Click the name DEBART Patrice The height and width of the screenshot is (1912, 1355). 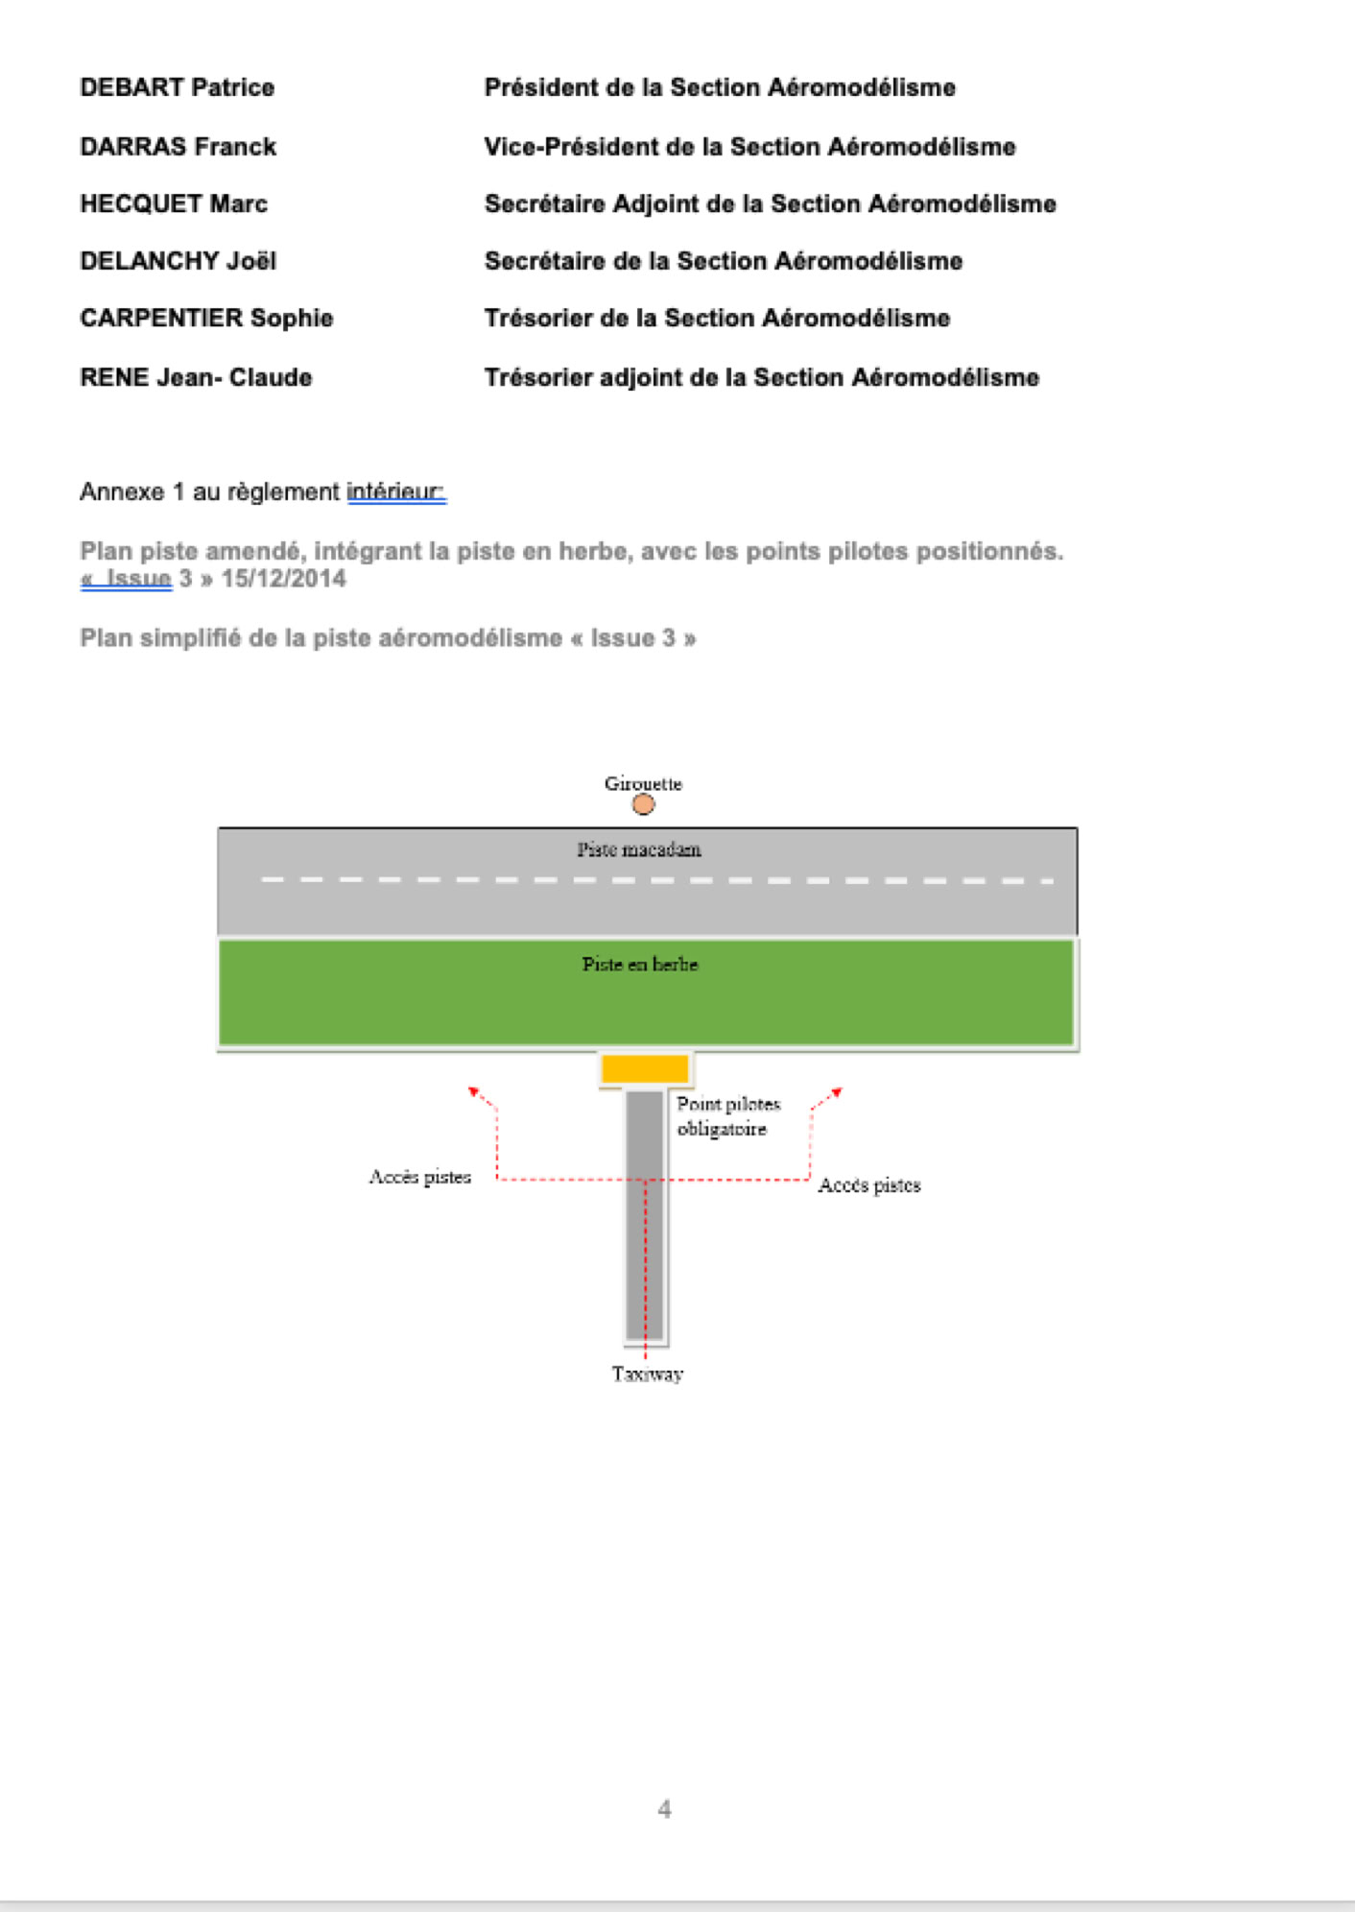(177, 87)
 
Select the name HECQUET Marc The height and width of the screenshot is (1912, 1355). (174, 203)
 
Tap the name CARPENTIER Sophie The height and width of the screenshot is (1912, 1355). (206, 318)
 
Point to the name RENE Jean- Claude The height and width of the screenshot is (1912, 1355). (196, 377)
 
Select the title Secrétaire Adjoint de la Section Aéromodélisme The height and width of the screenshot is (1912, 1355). (770, 203)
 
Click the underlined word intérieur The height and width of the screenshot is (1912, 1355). (395, 491)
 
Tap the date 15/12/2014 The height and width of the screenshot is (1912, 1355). (283, 579)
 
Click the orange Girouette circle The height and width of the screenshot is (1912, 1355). (643, 804)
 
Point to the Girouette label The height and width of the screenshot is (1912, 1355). (643, 783)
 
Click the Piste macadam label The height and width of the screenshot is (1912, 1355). (639, 849)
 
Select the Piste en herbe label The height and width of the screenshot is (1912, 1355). (640, 964)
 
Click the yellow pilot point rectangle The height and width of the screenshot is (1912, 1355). (645, 1068)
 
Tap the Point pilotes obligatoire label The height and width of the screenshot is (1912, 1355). (727, 1116)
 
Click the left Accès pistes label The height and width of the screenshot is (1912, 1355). (420, 1177)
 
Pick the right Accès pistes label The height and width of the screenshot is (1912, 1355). (869, 1185)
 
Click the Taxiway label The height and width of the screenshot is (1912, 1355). (648, 1374)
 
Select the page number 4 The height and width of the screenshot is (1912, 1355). (664, 1809)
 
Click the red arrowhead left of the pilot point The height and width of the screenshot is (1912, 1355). (473, 1091)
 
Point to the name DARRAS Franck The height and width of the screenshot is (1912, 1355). (178, 147)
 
